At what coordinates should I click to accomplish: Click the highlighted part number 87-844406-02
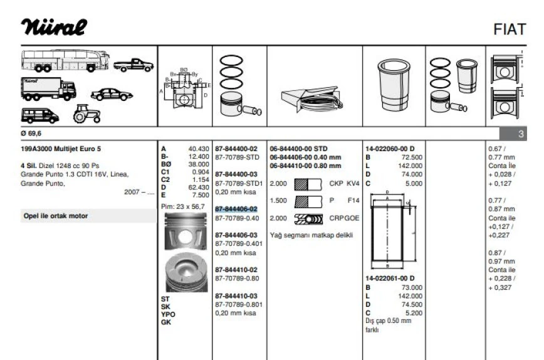[x=236, y=209]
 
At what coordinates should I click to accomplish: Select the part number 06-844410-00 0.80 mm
[x=305, y=166]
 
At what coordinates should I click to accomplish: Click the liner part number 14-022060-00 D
[x=394, y=149]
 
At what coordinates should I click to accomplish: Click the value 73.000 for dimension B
[x=410, y=287]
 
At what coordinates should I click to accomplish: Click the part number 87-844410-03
[x=236, y=295]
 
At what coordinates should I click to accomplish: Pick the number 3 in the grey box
[x=521, y=134]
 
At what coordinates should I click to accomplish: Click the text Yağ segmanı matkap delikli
[x=311, y=235]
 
